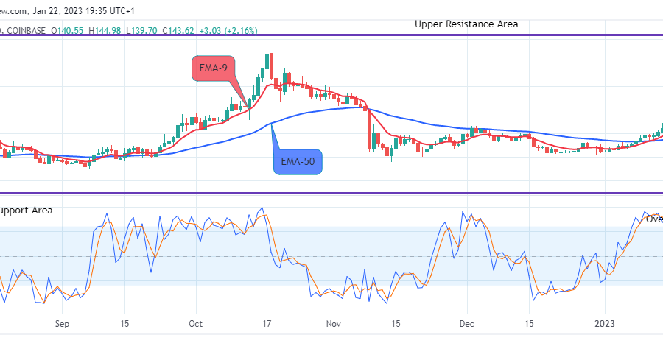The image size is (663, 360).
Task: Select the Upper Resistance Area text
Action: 466,24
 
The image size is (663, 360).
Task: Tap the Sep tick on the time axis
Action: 62,323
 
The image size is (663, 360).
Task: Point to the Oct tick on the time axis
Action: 196,323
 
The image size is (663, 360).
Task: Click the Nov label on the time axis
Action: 334,323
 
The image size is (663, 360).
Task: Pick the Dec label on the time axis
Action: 466,323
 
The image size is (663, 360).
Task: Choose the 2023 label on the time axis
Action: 606,323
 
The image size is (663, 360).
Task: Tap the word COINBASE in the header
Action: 27,30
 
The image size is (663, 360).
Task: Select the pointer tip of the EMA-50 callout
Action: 271,123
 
